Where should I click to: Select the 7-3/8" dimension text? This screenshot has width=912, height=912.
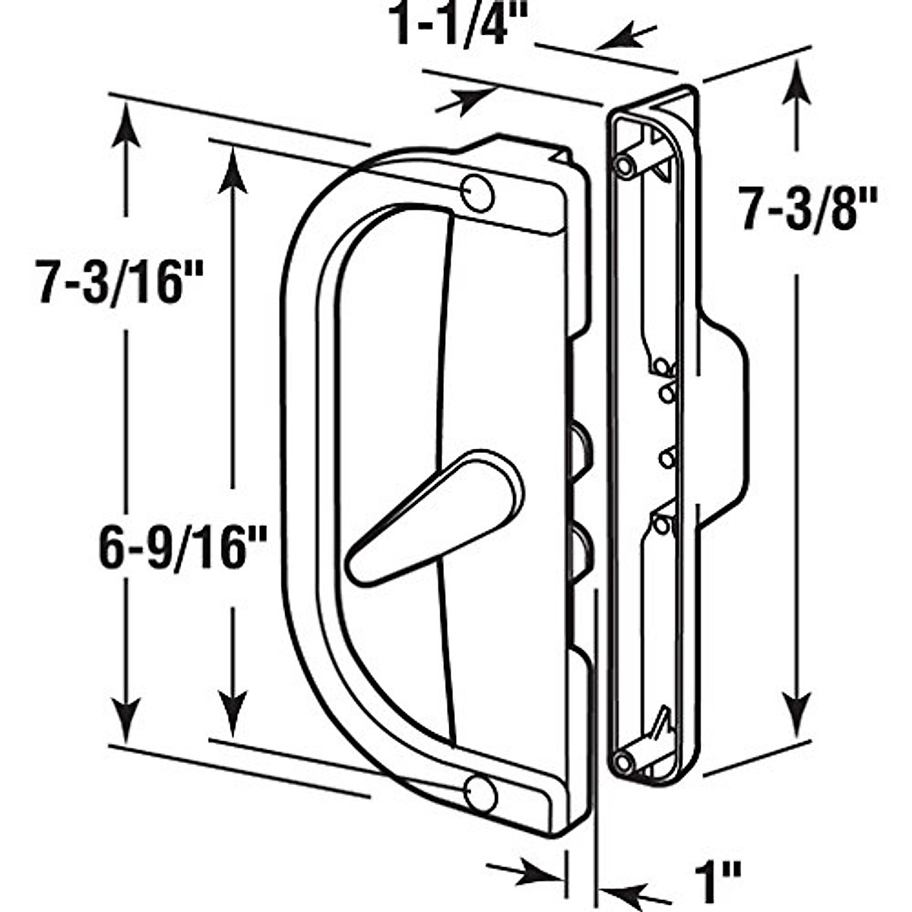pos(809,207)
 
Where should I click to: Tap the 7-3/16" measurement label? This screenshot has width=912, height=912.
pos(111,282)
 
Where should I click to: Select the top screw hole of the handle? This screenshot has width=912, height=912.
pos(478,194)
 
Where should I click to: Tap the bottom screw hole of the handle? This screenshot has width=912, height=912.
pos(480,793)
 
